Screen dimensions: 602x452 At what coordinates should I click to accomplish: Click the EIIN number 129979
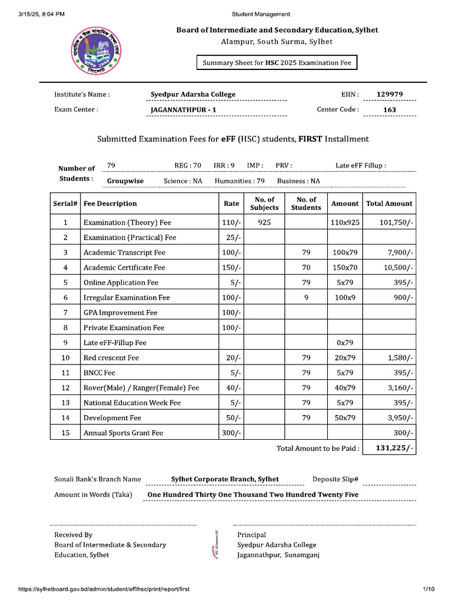click(390, 94)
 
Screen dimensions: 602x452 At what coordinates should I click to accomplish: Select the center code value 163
click(390, 109)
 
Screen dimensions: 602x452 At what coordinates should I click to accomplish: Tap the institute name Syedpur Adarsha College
click(193, 94)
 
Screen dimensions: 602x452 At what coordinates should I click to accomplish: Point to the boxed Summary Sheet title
click(276, 62)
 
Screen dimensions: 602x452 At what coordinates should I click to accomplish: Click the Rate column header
click(232, 203)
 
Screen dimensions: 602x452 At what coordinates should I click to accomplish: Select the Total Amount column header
click(389, 203)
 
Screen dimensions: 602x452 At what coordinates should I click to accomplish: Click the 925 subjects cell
click(264, 223)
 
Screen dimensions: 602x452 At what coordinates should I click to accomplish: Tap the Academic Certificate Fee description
click(124, 267)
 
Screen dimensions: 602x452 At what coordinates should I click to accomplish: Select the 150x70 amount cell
click(344, 267)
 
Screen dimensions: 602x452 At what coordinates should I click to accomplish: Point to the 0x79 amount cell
click(344, 343)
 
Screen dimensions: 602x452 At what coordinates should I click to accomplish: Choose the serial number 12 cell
click(66, 388)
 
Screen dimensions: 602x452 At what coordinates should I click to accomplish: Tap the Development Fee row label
click(112, 418)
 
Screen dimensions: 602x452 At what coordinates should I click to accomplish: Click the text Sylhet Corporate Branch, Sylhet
click(225, 479)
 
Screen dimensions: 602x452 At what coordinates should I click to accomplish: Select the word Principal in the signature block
click(251, 535)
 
